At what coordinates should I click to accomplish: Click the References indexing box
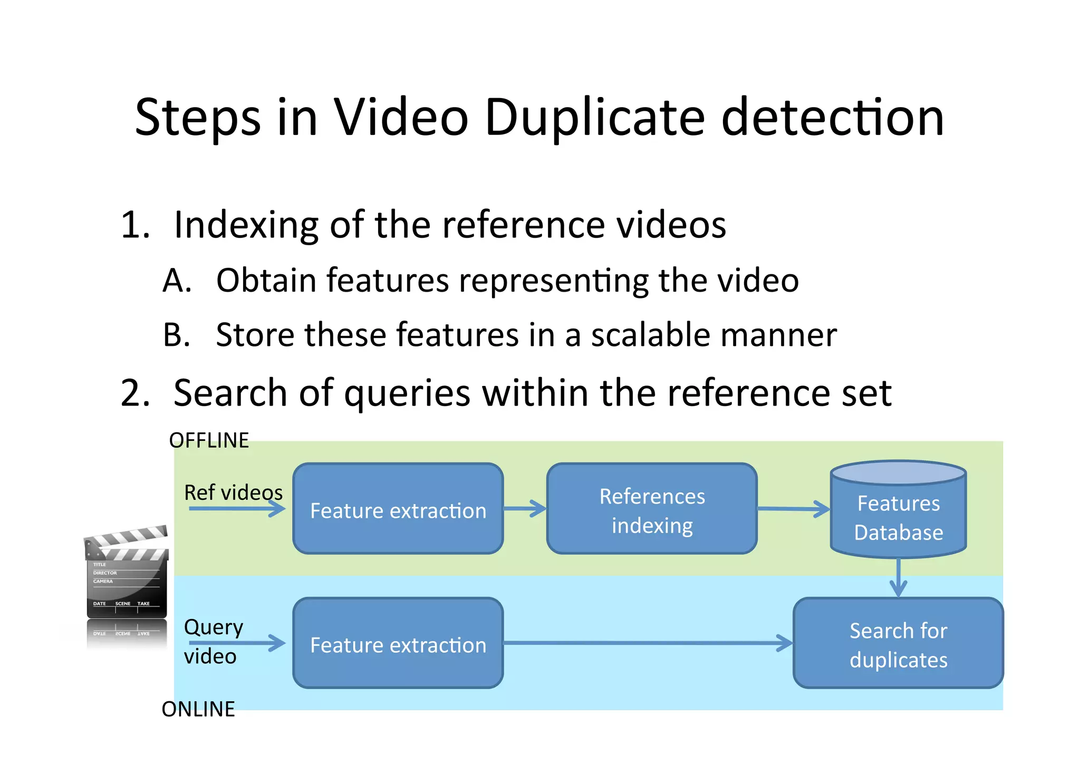[652, 509]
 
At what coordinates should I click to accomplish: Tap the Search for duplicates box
[898, 643]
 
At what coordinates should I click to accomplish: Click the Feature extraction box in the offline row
[398, 509]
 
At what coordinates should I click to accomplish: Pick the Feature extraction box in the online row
[398, 643]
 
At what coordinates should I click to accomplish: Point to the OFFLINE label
[209, 441]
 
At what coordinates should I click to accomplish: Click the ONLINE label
[198, 709]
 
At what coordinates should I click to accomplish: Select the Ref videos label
[233, 492]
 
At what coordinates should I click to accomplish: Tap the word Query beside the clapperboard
[214, 627]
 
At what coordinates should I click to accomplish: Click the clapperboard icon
[127, 575]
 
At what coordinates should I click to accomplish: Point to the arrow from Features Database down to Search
[898, 578]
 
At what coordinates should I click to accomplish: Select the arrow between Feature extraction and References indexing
[525, 509]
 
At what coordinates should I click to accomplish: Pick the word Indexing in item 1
[246, 225]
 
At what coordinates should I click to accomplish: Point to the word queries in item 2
[407, 393]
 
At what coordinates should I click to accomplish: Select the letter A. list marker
[177, 281]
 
